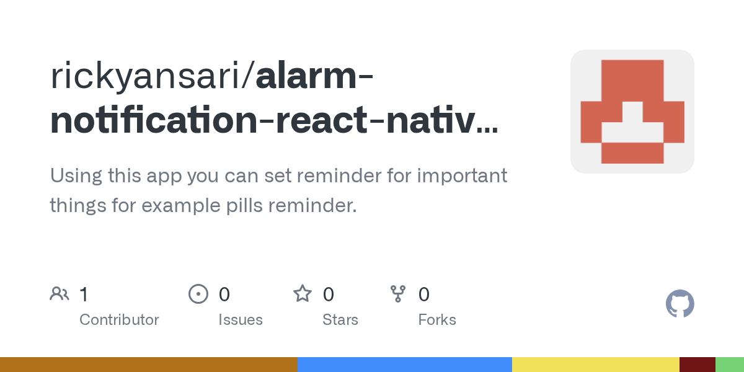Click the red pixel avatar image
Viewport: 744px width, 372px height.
click(x=632, y=112)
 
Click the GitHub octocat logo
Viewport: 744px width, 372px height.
click(x=680, y=304)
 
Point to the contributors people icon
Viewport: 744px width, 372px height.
click(x=60, y=294)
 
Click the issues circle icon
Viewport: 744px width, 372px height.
click(x=198, y=294)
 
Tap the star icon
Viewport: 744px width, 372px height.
click(x=302, y=294)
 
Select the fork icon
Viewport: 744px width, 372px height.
click(x=397, y=294)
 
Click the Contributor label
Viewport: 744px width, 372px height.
click(x=119, y=320)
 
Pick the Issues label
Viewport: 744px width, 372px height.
click(x=240, y=320)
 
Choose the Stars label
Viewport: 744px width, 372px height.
click(x=340, y=320)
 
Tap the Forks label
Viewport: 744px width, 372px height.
click(x=436, y=320)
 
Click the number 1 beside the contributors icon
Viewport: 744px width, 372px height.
click(x=84, y=294)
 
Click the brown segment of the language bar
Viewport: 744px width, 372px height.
click(x=149, y=365)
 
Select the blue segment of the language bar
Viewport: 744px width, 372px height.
click(x=404, y=365)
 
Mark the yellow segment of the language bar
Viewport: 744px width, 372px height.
click(x=595, y=365)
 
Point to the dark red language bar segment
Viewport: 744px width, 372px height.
click(x=697, y=365)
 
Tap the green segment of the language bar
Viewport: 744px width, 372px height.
click(x=730, y=365)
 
